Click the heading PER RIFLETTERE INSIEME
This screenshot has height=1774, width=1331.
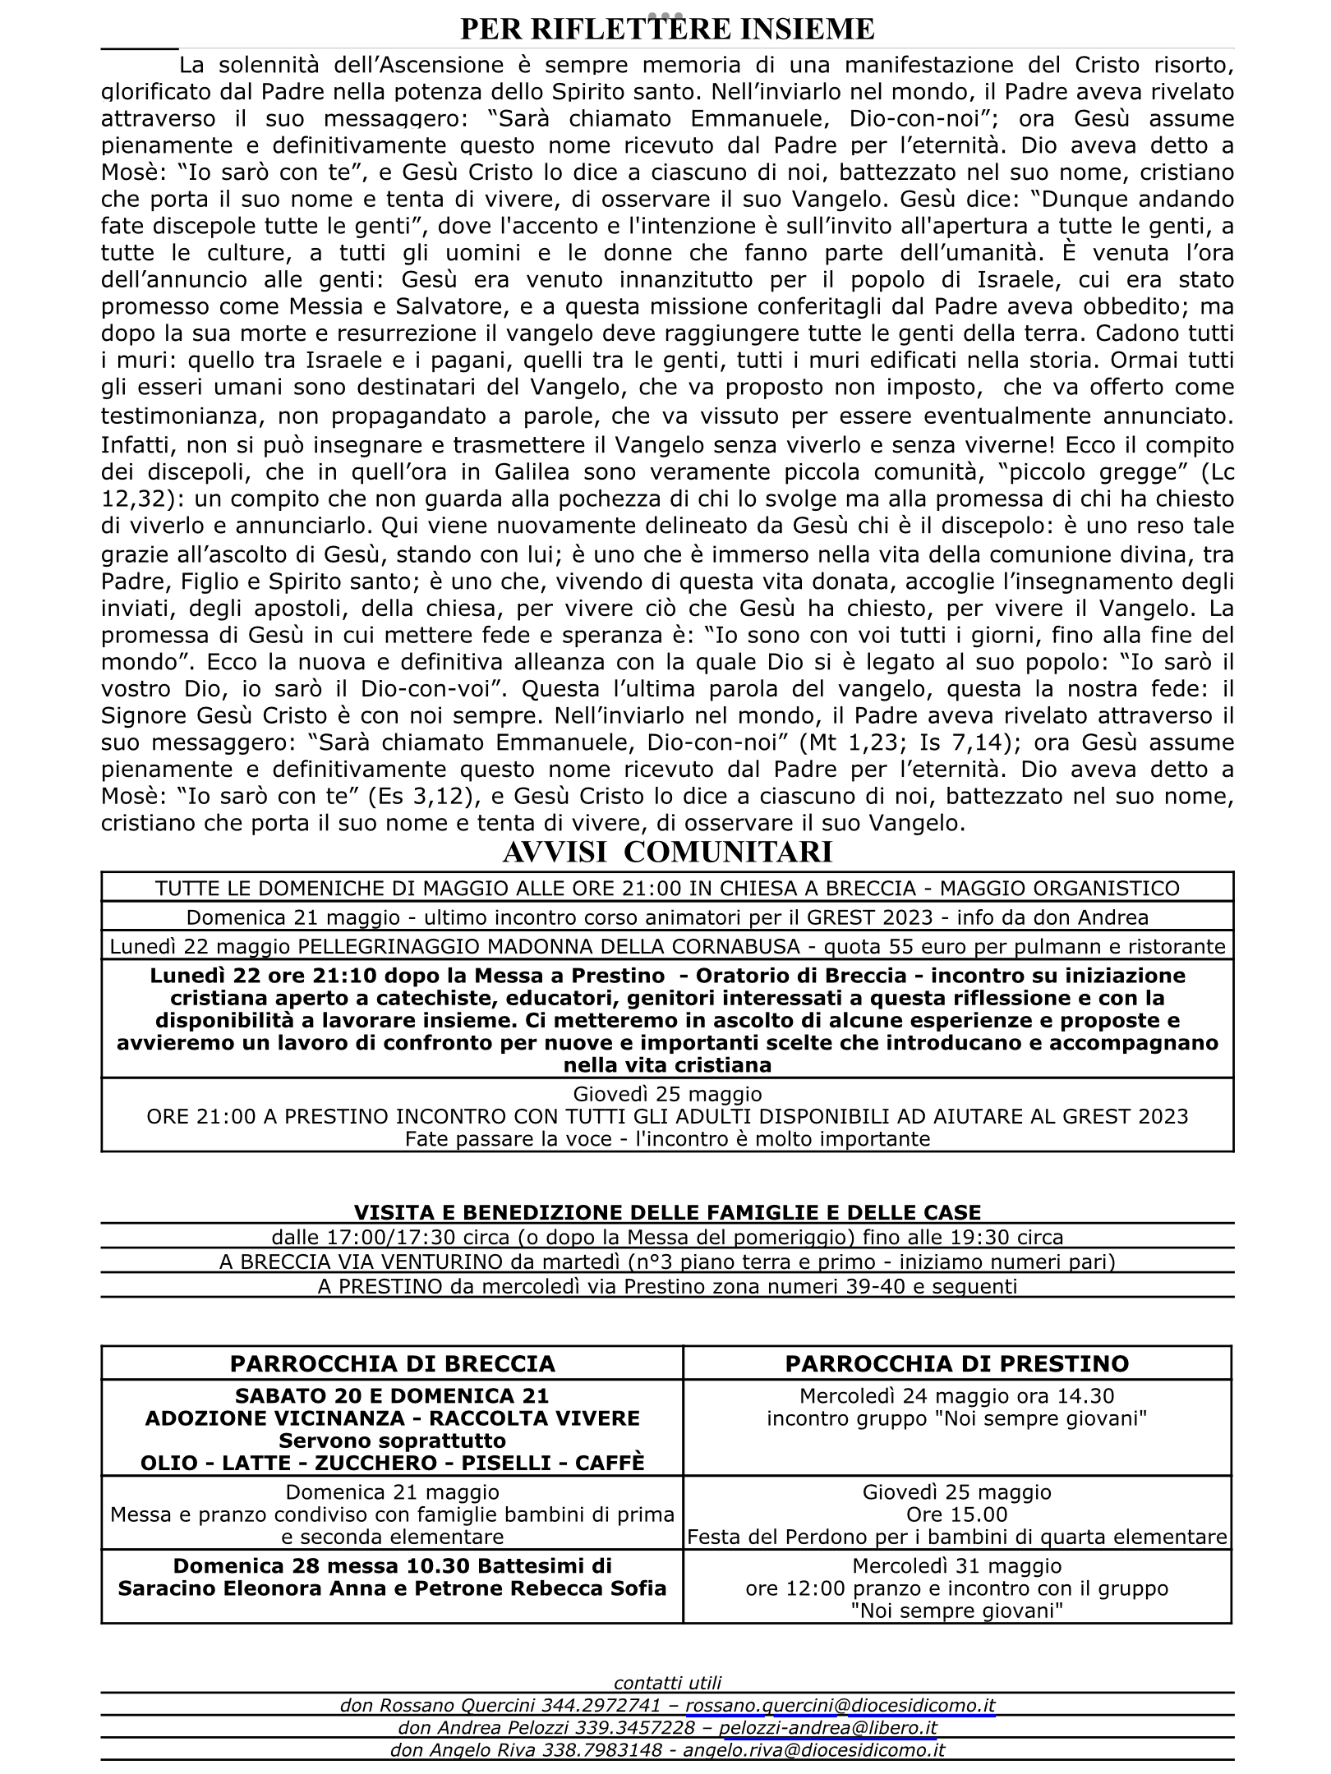tap(666, 29)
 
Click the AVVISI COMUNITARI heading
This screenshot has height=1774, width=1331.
tap(666, 852)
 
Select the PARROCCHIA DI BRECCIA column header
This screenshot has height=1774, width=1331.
tap(393, 1364)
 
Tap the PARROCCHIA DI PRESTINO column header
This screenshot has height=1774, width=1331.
tap(957, 1364)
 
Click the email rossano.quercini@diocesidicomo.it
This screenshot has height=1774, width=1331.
tap(841, 1706)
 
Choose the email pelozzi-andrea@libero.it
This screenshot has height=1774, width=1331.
tap(828, 1728)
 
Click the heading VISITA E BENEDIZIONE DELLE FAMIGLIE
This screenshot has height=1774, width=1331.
tap(667, 1213)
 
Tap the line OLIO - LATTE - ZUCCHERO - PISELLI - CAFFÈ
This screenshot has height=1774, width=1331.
tap(393, 1464)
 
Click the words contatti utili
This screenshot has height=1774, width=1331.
tap(667, 1684)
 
